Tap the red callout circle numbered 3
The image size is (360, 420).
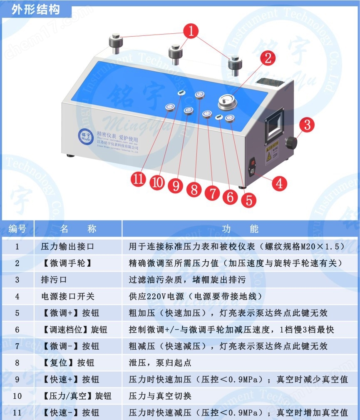pos(308,125)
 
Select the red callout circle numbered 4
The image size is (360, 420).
pos(280,182)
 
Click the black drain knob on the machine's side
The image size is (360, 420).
pos(291,142)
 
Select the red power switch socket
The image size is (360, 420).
pos(254,166)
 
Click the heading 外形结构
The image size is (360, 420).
pos(35,10)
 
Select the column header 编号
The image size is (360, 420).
pos(17,229)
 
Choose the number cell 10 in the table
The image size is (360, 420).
pos(17,396)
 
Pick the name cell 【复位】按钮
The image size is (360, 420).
pos(71,362)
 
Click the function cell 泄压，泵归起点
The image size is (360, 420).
pos(160,362)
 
